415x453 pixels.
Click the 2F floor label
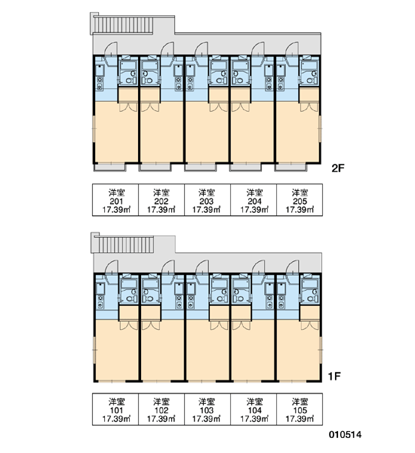tap(338, 168)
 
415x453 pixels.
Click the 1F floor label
tap(335, 376)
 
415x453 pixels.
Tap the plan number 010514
tap(345, 435)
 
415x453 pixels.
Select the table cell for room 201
tap(115, 200)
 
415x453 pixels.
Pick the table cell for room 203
tap(207, 200)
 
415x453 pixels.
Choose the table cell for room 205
tap(300, 200)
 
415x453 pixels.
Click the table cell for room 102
tap(161, 409)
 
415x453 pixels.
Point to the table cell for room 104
tap(254, 409)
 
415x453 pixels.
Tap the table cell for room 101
tap(115, 409)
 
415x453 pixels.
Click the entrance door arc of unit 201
tap(110, 48)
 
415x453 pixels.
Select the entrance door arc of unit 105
tap(292, 267)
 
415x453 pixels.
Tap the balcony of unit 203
tap(201, 167)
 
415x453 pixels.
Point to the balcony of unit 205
tap(290, 167)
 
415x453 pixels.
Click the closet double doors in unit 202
tap(150, 107)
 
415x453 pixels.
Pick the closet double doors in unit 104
tap(241, 325)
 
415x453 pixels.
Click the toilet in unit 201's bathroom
tap(131, 80)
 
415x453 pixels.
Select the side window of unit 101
tap(94, 350)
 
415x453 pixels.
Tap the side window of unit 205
tap(320, 129)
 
